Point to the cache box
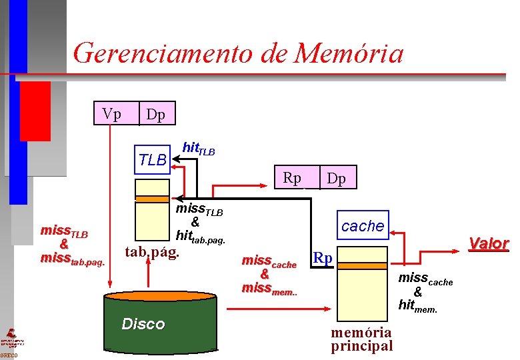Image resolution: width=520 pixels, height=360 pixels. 362,226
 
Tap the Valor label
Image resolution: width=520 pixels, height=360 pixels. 489,244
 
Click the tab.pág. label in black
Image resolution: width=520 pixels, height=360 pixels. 153,252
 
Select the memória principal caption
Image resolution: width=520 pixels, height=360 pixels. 362,339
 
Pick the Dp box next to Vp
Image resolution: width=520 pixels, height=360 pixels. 156,115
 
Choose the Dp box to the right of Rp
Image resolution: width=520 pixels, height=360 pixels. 336,179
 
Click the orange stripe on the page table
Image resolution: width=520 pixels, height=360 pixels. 152,199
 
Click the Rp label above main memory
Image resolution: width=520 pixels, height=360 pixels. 323,257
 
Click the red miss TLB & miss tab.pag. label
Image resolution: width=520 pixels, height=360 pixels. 72,245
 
